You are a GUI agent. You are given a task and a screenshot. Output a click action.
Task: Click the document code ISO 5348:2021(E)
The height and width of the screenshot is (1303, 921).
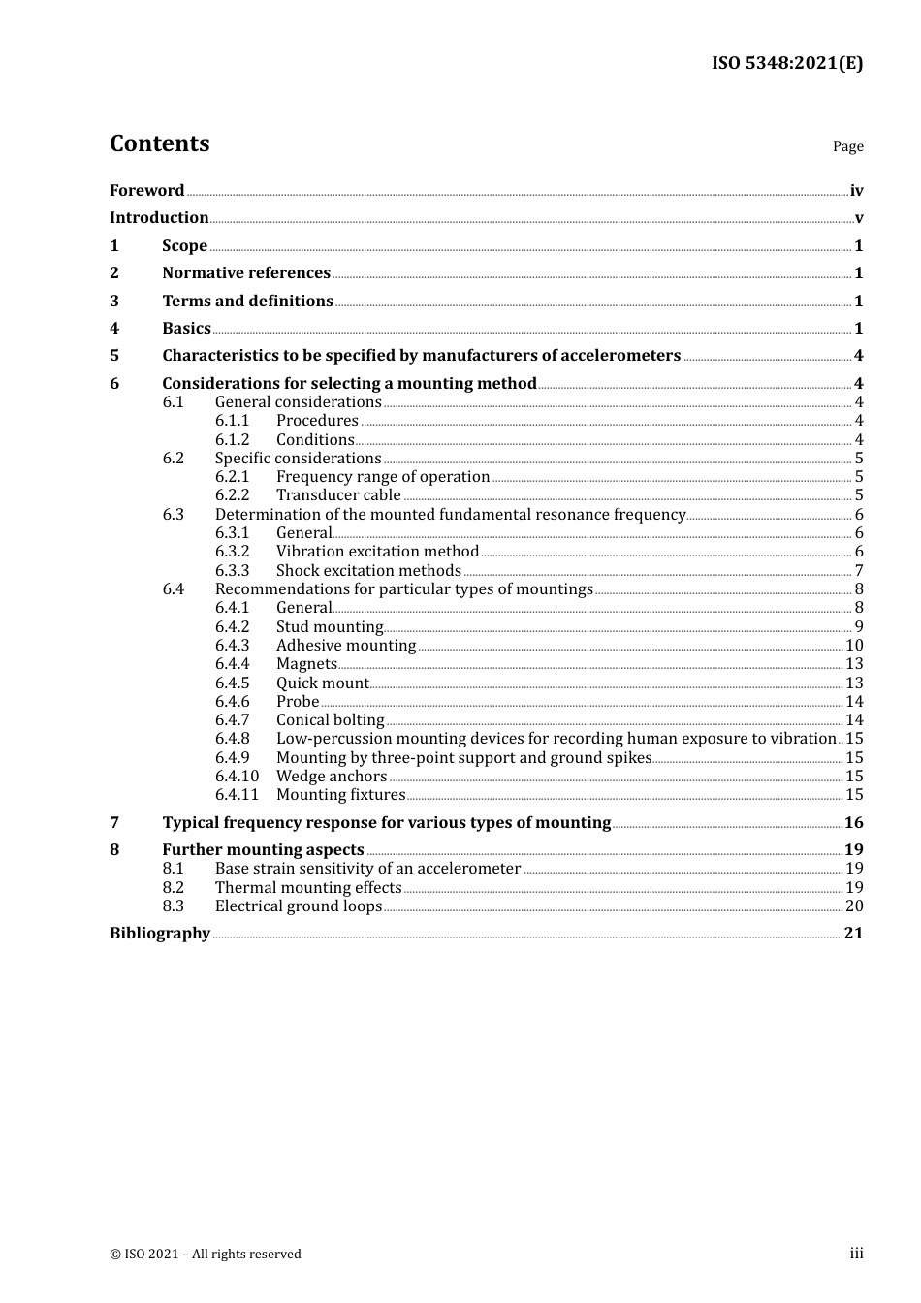tap(787, 63)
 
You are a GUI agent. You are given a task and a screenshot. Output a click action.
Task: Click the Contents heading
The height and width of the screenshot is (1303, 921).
tap(159, 143)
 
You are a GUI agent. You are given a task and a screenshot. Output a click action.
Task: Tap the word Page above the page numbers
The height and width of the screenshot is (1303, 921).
tap(847, 146)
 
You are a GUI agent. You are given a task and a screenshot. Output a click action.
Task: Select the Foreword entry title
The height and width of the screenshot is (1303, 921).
tap(146, 190)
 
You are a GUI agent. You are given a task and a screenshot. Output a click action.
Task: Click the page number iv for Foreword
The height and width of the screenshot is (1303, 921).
tap(856, 191)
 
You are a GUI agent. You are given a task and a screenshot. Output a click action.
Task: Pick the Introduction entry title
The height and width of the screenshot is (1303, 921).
tap(159, 218)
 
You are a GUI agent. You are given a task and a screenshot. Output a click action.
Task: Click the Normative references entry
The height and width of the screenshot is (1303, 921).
tap(246, 273)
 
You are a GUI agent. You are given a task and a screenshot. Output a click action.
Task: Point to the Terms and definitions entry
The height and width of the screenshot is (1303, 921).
tap(247, 301)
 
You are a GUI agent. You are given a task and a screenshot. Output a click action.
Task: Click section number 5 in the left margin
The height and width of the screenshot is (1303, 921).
tap(114, 356)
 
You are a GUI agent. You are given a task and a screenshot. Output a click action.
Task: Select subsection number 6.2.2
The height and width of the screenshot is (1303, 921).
tap(232, 495)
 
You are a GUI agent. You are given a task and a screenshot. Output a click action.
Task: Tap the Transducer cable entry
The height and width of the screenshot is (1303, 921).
tap(338, 495)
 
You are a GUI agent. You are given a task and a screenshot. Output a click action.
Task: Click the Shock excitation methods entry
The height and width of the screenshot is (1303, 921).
tap(368, 571)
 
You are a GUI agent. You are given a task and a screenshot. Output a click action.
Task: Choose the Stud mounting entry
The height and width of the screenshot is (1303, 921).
tap(330, 627)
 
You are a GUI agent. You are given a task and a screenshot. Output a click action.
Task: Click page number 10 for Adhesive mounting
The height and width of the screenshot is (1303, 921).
tap(854, 646)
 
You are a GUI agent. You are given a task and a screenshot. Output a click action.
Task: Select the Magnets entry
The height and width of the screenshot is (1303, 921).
tap(306, 664)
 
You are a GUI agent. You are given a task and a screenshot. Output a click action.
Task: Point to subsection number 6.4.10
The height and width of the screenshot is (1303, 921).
tap(237, 777)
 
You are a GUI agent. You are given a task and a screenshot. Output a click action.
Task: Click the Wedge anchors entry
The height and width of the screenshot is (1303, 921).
tap(332, 777)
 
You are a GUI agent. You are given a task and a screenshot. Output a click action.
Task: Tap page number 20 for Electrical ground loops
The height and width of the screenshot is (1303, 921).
tap(854, 906)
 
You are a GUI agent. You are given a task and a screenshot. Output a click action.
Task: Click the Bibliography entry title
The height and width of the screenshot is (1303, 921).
tap(160, 934)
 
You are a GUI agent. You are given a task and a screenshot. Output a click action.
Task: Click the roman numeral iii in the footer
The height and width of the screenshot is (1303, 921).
tap(856, 1254)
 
